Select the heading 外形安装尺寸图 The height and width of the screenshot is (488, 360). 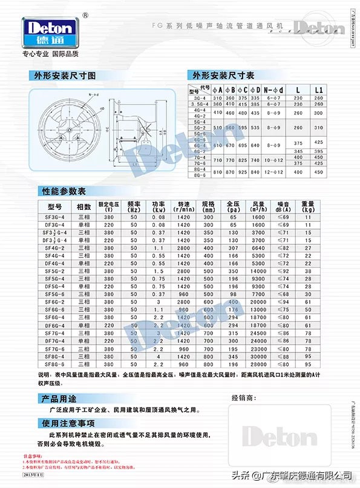pyautogui.click(x=64, y=76)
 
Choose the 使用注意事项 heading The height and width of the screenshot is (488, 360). pyautogui.click(x=65, y=423)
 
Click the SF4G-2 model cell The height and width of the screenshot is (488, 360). pyautogui.click(x=53, y=248)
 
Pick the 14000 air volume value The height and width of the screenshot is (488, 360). pyautogui.click(x=258, y=271)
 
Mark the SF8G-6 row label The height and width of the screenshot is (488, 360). pyautogui.click(x=53, y=365)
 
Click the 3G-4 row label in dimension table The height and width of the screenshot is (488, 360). pyautogui.click(x=199, y=98)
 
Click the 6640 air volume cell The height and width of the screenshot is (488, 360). pyautogui.click(x=258, y=248)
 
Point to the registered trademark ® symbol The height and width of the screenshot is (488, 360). pyautogui.click(x=84, y=15)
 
